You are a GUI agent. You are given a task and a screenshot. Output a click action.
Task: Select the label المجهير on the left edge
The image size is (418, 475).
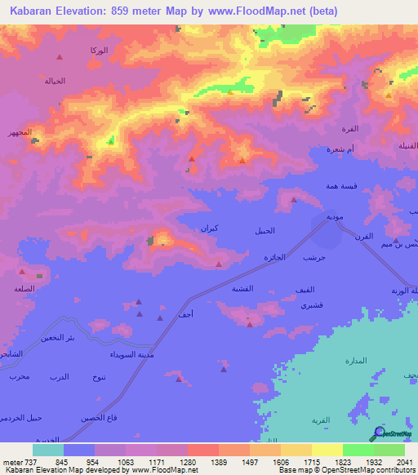tap(19, 132)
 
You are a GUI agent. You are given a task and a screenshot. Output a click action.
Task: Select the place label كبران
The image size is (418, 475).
tap(210, 229)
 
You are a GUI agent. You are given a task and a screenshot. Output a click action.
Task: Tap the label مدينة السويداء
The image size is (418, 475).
tap(129, 355)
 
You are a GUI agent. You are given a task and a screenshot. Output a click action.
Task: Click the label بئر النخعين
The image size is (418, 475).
tap(82, 337)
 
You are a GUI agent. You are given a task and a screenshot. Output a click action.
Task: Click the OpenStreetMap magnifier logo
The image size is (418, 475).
tap(377, 433)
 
